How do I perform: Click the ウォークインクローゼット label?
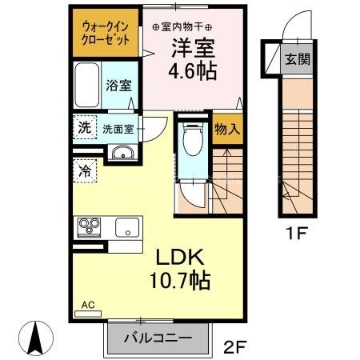click(x=106, y=33)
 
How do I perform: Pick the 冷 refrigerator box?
click(x=84, y=170)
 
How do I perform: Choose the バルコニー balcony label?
click(x=157, y=338)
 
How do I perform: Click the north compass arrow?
click(x=36, y=337)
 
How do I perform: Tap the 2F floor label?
click(x=234, y=345)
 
